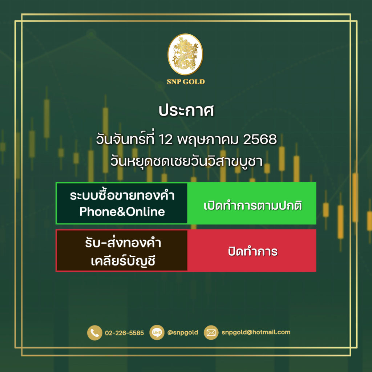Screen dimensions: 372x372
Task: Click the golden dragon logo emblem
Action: click(185, 54)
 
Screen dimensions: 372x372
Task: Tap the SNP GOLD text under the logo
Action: click(186, 82)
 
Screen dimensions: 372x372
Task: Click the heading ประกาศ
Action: click(186, 110)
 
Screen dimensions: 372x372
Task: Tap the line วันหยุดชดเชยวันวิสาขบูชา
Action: click(186, 162)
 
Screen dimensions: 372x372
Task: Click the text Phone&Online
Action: click(122, 212)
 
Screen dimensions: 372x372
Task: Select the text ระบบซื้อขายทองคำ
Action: click(122, 195)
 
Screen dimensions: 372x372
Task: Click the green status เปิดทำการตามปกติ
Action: click(253, 206)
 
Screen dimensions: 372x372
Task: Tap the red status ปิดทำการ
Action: click(253, 251)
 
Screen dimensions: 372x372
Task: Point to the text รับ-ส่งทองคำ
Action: click(123, 243)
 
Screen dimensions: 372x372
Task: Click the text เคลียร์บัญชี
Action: click(123, 261)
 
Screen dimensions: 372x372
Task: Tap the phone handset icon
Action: click(95, 333)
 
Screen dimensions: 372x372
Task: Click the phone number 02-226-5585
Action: click(124, 333)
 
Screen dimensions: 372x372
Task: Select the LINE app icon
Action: click(157, 333)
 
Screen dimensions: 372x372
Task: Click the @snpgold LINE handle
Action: click(183, 332)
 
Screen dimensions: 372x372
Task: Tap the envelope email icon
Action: click(211, 333)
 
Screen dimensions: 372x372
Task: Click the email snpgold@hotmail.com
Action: click(256, 332)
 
